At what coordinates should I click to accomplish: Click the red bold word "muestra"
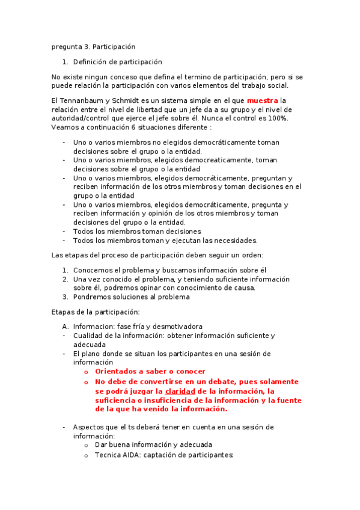263,100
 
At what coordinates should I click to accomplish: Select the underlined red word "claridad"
180,391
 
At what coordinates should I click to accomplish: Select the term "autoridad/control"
81,118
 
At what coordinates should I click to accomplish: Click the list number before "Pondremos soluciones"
66,296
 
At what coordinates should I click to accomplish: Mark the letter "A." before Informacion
66,327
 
